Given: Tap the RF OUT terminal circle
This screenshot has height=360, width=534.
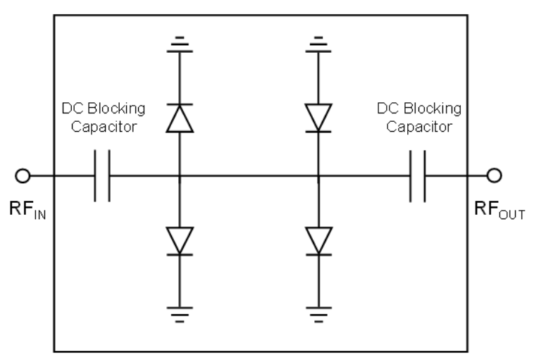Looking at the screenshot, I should click(x=495, y=175).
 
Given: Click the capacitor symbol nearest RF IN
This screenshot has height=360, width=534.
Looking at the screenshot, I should click(x=102, y=175).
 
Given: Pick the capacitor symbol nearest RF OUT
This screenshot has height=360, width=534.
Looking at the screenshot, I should click(x=416, y=175).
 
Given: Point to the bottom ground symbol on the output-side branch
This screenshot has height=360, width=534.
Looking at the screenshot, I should click(x=318, y=314).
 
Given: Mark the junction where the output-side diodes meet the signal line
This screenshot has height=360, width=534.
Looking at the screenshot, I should click(x=318, y=175).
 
